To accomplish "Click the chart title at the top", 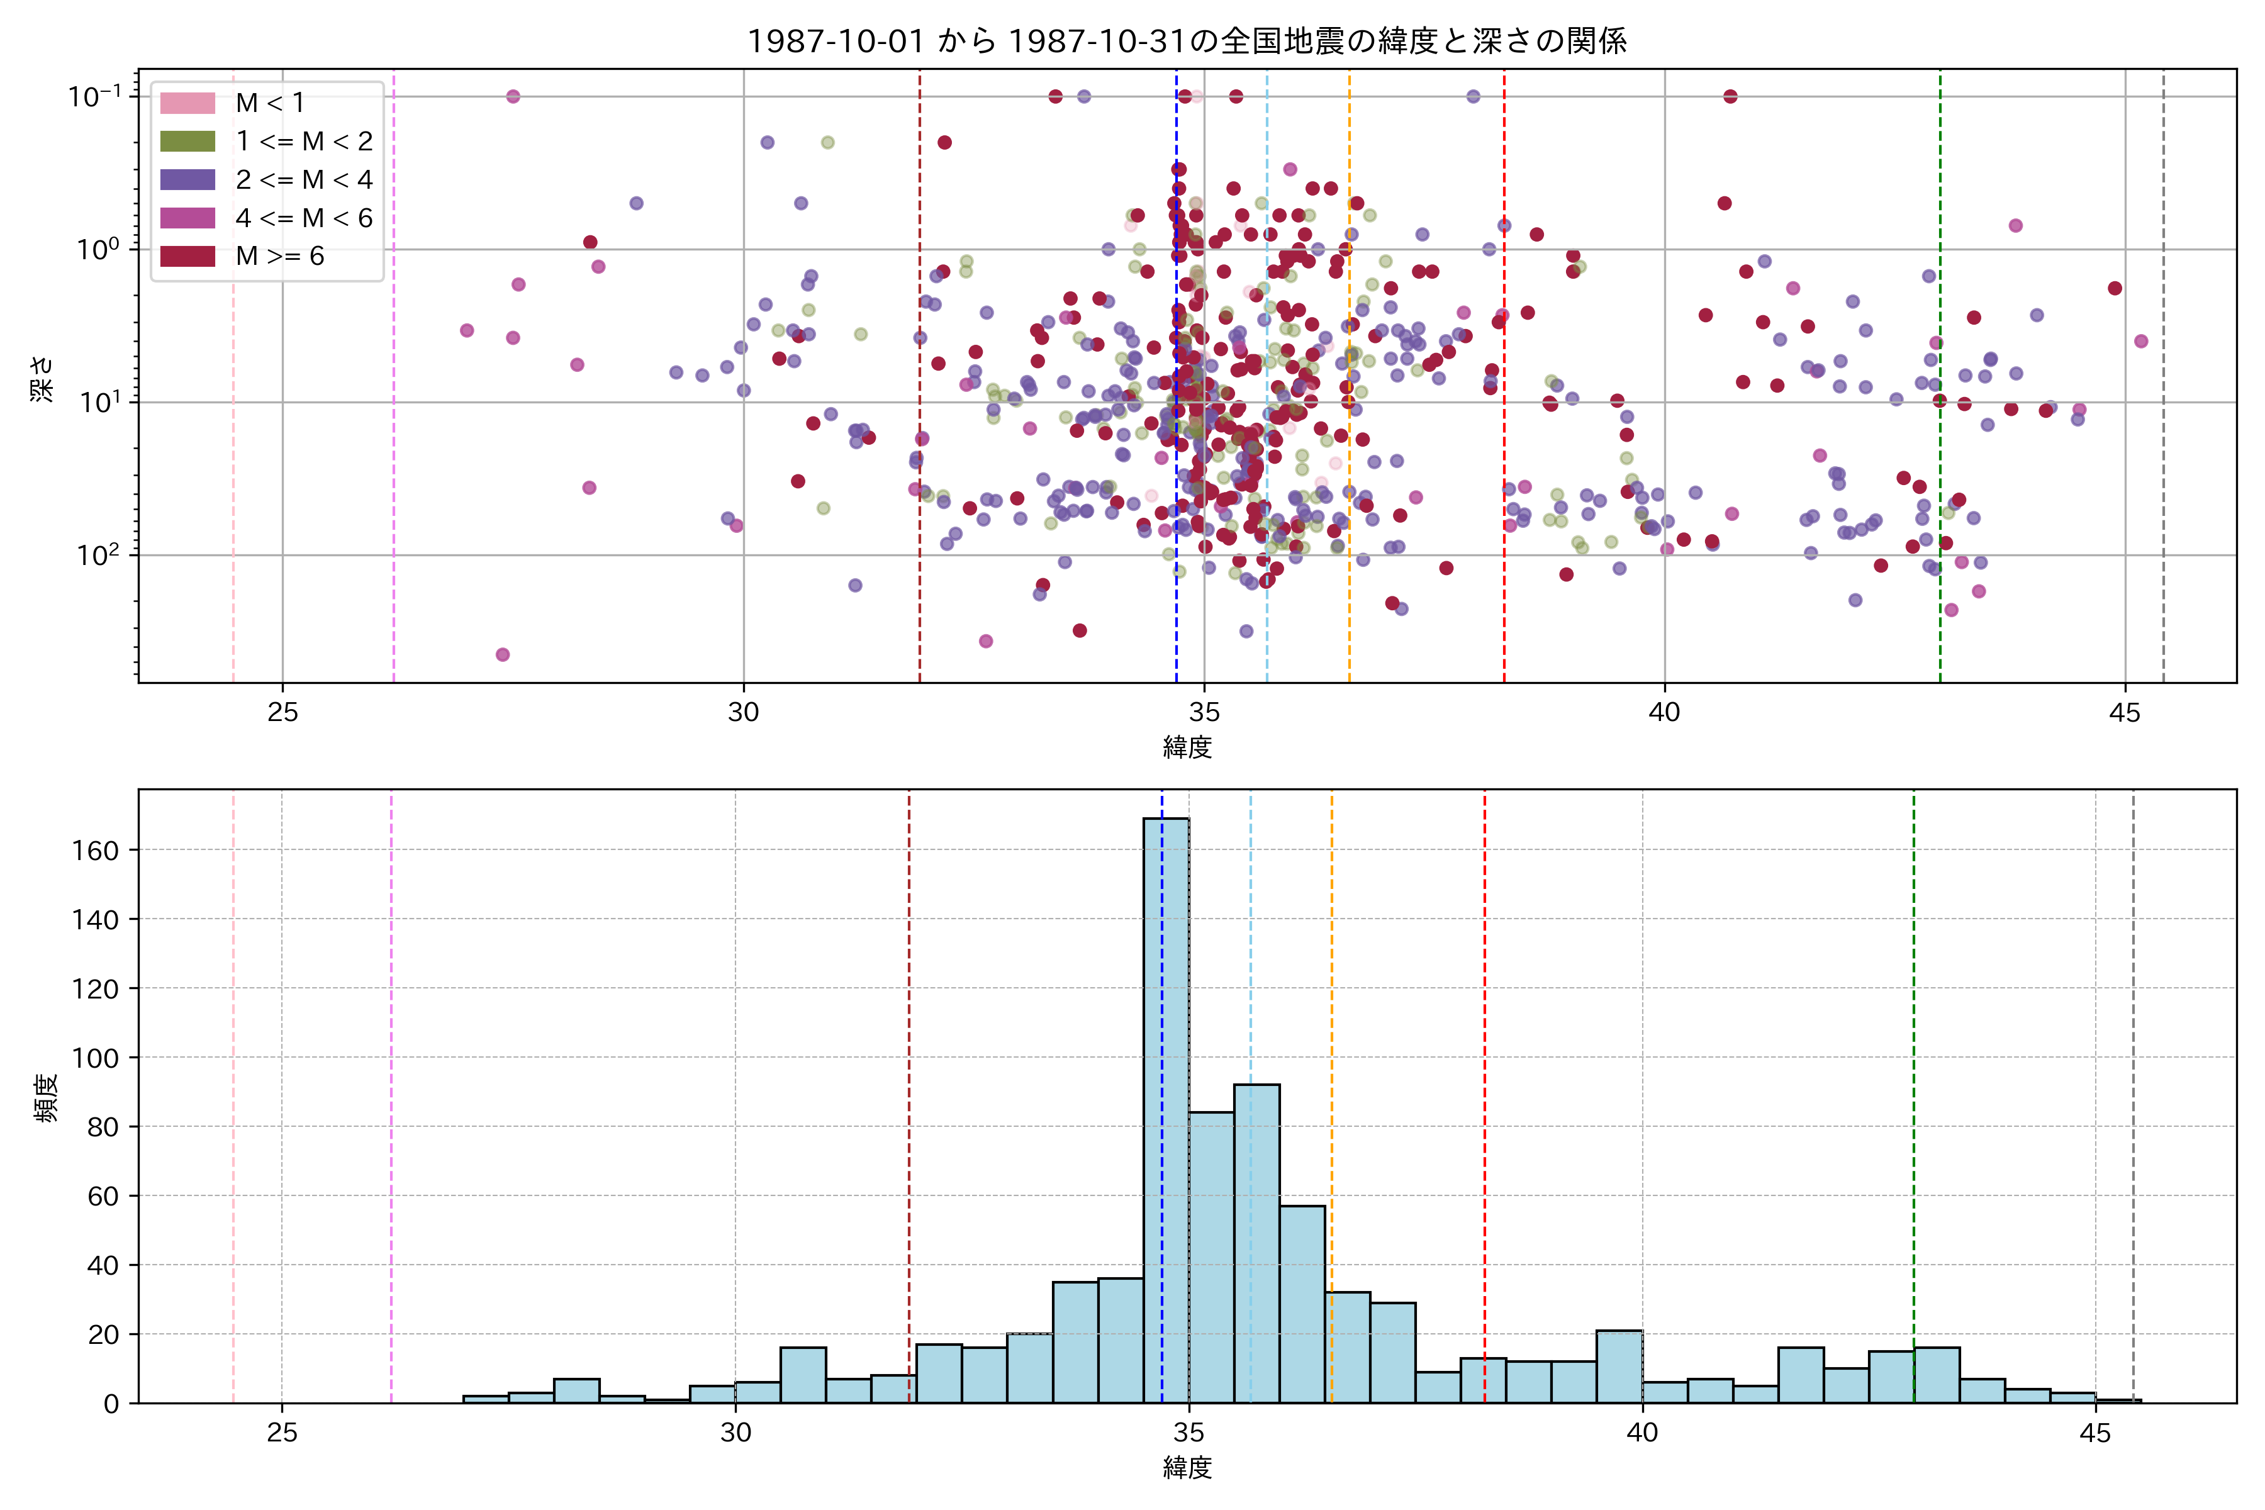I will pos(1187,40).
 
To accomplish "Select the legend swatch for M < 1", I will pos(187,102).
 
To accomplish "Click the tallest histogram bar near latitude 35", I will pos(1165,1107).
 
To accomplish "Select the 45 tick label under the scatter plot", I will pos(2125,713).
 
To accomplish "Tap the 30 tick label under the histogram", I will pos(735,1433).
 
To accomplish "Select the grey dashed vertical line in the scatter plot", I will pos(2164,385).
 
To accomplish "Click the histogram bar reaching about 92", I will pos(1256,1242).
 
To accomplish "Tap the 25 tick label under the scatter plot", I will pos(282,713).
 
